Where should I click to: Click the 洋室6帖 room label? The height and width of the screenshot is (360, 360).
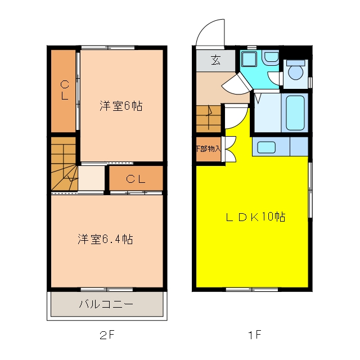click(x=121, y=106)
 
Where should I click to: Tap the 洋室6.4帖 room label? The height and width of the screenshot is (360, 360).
click(x=105, y=239)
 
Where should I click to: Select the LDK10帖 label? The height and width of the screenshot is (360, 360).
click(x=255, y=217)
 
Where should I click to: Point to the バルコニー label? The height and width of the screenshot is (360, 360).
click(x=106, y=304)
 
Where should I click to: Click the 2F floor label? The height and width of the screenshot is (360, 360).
click(x=107, y=335)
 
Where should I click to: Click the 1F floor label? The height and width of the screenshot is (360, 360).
click(x=255, y=335)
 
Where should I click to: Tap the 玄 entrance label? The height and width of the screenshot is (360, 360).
click(x=216, y=60)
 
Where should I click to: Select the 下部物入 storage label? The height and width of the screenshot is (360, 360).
click(x=209, y=148)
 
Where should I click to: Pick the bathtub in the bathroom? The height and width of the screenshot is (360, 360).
click(x=295, y=113)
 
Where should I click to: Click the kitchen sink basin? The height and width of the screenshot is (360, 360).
click(x=266, y=147)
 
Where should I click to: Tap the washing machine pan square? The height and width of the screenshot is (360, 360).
click(x=249, y=59)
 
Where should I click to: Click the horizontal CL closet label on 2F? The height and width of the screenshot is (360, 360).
click(x=136, y=179)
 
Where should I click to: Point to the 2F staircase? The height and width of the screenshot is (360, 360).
click(x=64, y=164)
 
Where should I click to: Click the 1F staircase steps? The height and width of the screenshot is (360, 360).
click(x=209, y=119)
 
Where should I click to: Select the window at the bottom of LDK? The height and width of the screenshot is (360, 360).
click(x=252, y=290)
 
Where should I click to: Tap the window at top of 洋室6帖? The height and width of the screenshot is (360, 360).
click(x=107, y=48)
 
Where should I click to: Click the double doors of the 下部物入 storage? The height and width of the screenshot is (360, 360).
click(x=229, y=150)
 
